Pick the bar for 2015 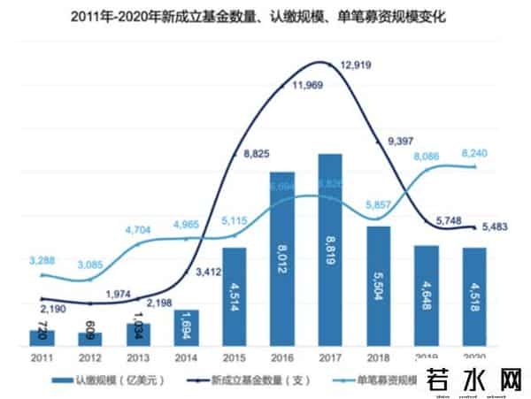click(x=234, y=297)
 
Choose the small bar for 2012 click(x=89, y=339)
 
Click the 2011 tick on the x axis click(x=41, y=357)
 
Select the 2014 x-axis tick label click(x=185, y=357)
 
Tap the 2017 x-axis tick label click(x=329, y=357)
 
